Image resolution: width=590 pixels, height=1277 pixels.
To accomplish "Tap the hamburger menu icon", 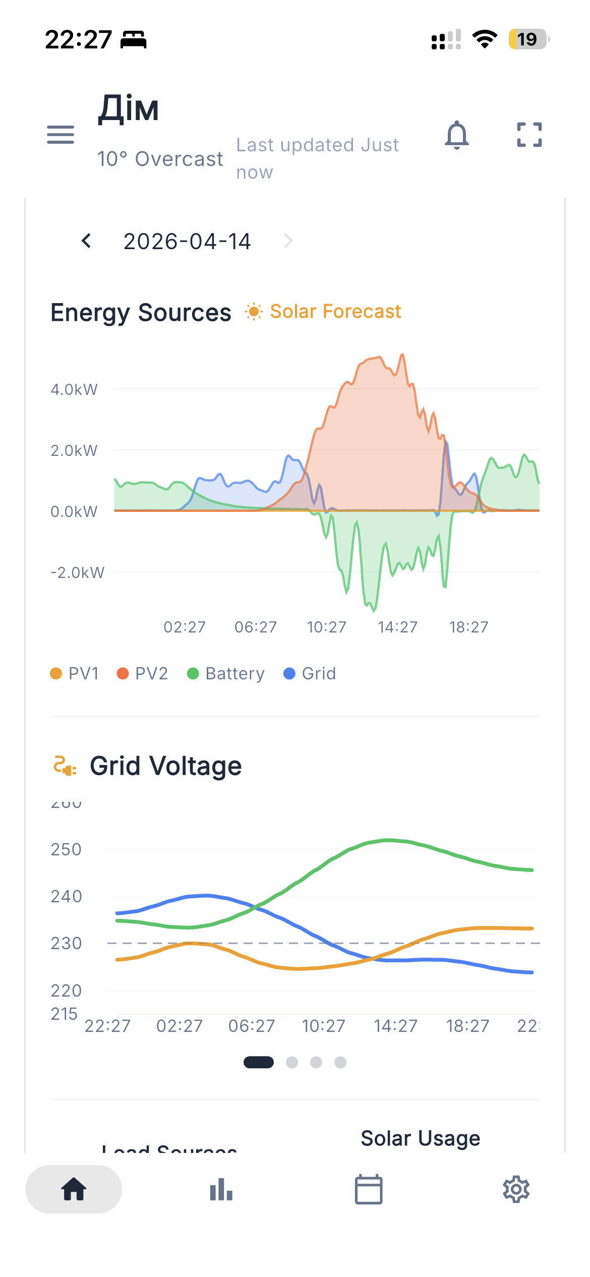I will [61, 135].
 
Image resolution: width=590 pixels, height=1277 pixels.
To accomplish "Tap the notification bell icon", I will [457, 135].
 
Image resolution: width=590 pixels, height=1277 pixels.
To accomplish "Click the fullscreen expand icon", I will [529, 135].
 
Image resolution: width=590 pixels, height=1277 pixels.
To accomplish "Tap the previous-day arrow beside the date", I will [86, 241].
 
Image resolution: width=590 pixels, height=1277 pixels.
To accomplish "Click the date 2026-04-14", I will [187, 242].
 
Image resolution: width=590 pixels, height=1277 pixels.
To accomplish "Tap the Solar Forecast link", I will [323, 312].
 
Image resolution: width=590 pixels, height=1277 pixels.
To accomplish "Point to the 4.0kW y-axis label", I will [74, 389].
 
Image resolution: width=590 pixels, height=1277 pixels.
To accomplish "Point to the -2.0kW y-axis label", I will [77, 572].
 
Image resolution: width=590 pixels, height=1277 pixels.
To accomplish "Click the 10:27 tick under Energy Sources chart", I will [327, 627].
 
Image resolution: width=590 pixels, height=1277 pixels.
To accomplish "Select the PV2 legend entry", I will [142, 674].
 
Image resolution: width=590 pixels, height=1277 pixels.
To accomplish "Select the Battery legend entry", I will [226, 674].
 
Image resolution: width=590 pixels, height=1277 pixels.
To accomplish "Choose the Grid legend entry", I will [310, 674].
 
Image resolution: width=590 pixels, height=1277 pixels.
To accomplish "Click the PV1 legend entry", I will [75, 674].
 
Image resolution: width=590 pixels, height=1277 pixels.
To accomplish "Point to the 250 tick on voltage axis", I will [66, 849].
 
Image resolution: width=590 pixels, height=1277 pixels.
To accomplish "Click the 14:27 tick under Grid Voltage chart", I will [395, 1026].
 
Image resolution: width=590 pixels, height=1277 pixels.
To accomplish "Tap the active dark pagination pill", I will [259, 1062].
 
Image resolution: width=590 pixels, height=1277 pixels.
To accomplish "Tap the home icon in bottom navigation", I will [74, 1189].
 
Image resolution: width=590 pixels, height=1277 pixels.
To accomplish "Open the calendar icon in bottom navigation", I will [369, 1189].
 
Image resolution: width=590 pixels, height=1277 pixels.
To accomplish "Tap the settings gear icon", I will [516, 1189].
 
